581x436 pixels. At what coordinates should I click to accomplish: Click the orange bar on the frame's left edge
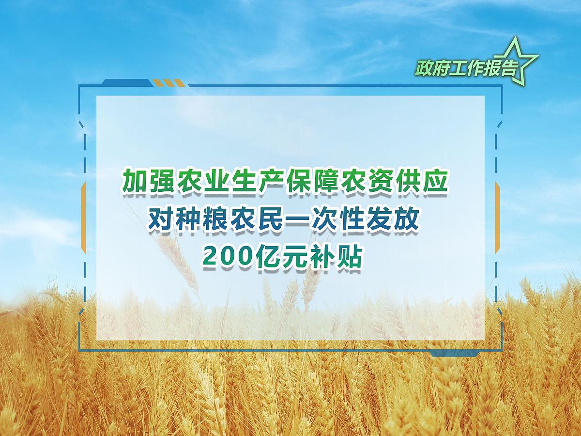coord(84,218)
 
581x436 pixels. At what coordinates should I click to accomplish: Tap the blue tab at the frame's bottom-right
coord(455,354)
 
